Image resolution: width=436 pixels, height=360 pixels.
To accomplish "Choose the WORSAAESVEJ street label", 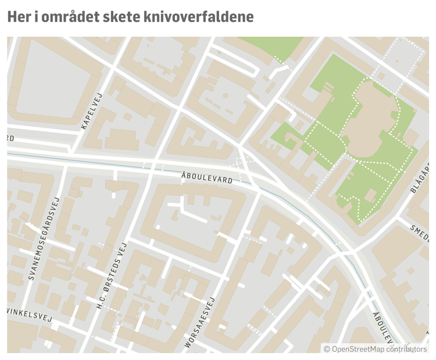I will tap(200, 323).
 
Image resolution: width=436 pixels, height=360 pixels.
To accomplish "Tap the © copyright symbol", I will tap(327, 348).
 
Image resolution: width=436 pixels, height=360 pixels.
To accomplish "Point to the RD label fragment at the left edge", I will tap(10, 138).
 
